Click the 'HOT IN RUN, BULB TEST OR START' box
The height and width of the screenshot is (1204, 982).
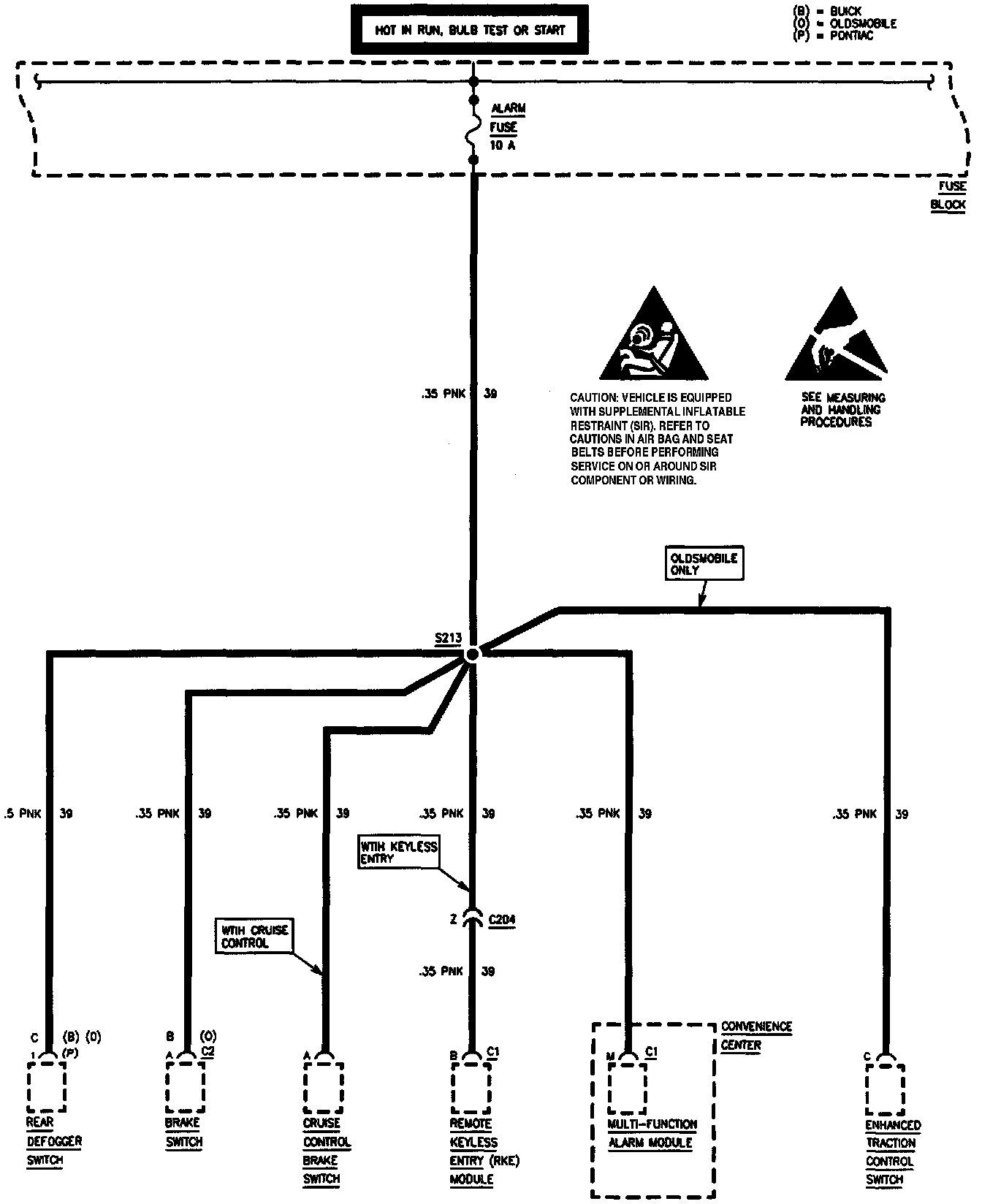pyautogui.click(x=470, y=30)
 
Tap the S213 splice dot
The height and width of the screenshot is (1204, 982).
pyautogui.click(x=472, y=654)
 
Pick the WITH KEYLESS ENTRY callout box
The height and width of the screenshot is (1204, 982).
pyautogui.click(x=398, y=853)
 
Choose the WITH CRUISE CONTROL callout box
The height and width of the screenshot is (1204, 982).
pyautogui.click(x=254, y=937)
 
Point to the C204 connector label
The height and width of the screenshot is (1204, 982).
pyautogui.click(x=501, y=919)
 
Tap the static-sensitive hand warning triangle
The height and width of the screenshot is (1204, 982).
pyautogui.click(x=837, y=336)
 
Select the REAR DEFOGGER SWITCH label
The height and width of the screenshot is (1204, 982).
pyautogui.click(x=53, y=1141)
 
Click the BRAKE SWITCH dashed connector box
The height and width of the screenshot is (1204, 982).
pyautogui.click(x=184, y=1086)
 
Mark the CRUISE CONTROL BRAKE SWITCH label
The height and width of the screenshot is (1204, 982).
pyautogui.click(x=326, y=1151)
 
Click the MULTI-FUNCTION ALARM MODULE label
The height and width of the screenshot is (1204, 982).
pyautogui.click(x=652, y=1133)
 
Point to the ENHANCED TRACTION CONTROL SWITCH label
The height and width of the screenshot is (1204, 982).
pyautogui.click(x=892, y=1152)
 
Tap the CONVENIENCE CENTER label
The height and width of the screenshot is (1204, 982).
pyautogui.click(x=755, y=1036)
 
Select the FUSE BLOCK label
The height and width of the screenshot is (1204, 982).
pyautogui.click(x=948, y=196)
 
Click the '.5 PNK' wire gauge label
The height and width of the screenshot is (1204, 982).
pyautogui.click(x=20, y=813)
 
